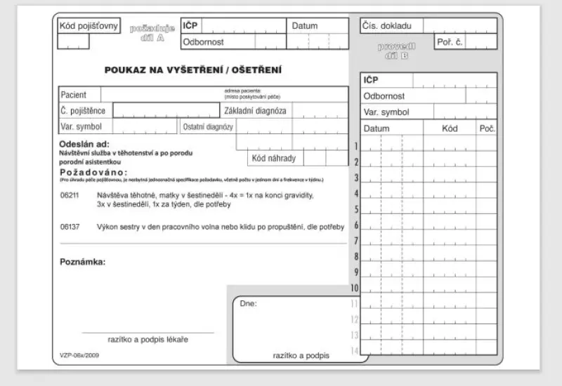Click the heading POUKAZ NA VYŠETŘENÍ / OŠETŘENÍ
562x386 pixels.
tap(193, 69)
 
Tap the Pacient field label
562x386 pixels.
tap(74, 94)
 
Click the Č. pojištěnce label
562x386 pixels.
tap(83, 110)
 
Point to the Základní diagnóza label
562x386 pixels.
tap(255, 110)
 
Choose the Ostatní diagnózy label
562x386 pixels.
tap(208, 127)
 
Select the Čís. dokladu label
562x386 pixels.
tap(387, 26)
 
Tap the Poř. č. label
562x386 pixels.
tap(450, 42)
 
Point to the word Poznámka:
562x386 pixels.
tap(82, 262)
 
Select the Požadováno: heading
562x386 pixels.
tap(93, 172)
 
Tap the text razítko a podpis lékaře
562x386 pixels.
tap(148, 340)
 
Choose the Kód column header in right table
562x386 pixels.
tap(450, 129)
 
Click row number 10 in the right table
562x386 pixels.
tap(355, 288)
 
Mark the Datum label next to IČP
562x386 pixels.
tap(305, 26)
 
